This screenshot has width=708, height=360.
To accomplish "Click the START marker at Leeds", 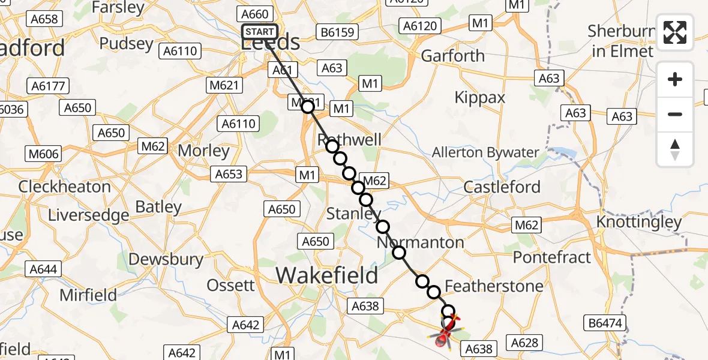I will [x=260, y=32].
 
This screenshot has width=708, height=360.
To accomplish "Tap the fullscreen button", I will [x=675, y=33].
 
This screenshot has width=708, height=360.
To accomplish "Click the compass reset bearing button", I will [x=675, y=149].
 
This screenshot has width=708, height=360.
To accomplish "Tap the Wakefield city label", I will [x=327, y=275].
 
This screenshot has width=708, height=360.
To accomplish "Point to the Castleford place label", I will [x=502, y=187].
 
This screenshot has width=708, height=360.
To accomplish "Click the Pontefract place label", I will [x=551, y=257].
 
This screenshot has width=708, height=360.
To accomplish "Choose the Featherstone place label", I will [x=494, y=286].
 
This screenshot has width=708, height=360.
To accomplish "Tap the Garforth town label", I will [x=453, y=56].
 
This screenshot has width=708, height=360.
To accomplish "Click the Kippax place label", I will [x=480, y=97].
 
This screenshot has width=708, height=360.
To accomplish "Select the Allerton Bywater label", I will [x=485, y=152].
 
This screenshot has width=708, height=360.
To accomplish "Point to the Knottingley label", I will [x=639, y=222].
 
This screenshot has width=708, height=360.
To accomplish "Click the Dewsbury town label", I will [x=166, y=259].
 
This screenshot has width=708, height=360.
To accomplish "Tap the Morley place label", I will [x=204, y=151].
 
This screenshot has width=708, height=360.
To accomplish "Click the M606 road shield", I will [x=44, y=154].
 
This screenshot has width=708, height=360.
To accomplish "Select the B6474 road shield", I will [x=607, y=323].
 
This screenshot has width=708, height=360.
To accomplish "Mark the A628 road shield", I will [x=524, y=343].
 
